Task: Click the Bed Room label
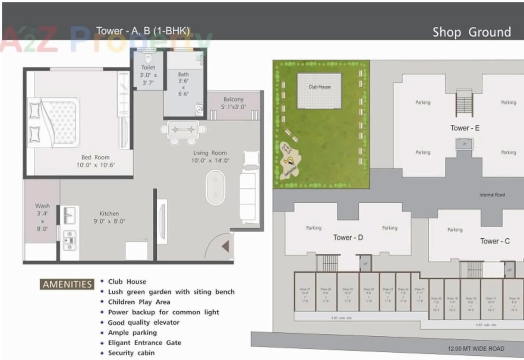click(95, 158)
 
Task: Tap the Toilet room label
click(148, 67)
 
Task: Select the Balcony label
click(234, 99)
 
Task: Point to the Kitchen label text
click(109, 214)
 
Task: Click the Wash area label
click(42, 206)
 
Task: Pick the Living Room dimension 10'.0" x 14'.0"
click(210, 161)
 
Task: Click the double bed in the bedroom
click(54, 123)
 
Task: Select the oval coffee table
click(215, 188)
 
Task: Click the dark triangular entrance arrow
click(225, 246)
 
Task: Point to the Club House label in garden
click(319, 87)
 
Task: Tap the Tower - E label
click(465, 128)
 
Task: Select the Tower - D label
click(348, 237)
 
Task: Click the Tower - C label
click(495, 241)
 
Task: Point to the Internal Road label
click(492, 195)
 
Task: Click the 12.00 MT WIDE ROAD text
click(476, 349)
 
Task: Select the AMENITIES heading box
click(67, 284)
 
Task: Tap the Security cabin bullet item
click(131, 353)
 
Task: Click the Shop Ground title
click(472, 32)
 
